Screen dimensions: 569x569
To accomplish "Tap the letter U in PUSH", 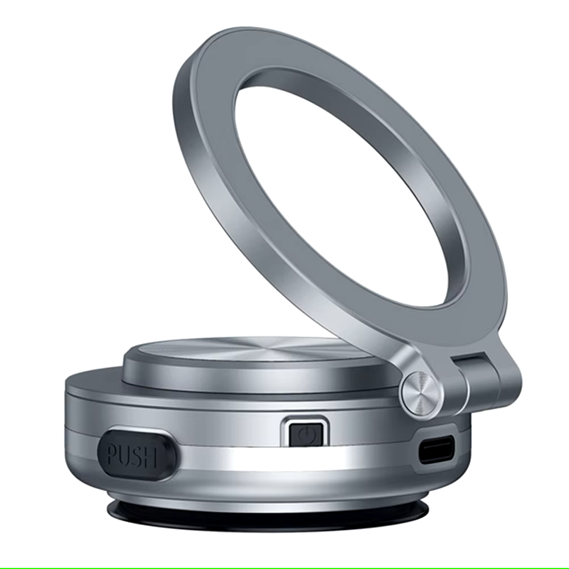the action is (x=126, y=455).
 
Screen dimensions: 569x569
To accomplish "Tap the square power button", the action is (x=306, y=434).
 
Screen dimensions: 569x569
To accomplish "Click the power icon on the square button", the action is (x=305, y=434).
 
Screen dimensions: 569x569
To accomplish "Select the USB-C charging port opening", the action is (x=437, y=448).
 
